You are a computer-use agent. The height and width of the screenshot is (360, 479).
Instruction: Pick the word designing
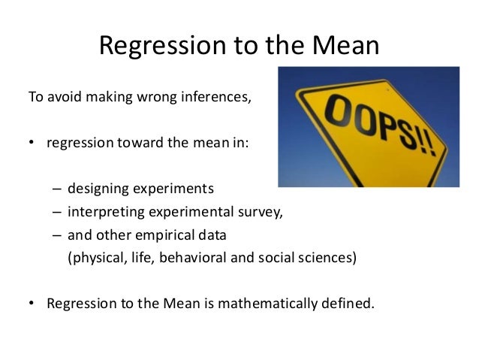point(97,188)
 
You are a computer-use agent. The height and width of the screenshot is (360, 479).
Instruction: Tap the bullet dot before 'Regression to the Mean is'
point(32,304)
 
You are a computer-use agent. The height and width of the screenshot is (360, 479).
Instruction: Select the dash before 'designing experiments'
point(58,188)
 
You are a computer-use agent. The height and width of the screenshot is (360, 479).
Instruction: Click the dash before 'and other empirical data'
point(58,234)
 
